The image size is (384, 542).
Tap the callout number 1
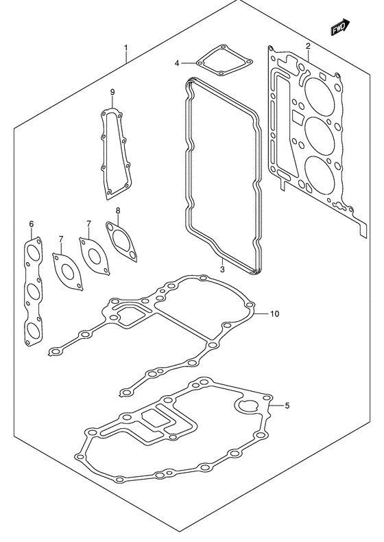point(126,47)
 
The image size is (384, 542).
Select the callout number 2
point(308,47)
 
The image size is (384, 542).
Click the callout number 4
point(177,63)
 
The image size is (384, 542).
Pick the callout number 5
point(287,405)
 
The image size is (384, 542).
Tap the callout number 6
point(32,224)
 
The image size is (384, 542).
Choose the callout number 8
point(117,210)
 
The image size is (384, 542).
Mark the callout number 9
point(112,92)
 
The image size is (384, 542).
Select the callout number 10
point(275,314)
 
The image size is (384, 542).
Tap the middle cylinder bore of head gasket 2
point(320,134)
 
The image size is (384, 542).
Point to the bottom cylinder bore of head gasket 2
point(320,173)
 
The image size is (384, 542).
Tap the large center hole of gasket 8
point(121,241)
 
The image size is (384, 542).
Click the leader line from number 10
point(262,314)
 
